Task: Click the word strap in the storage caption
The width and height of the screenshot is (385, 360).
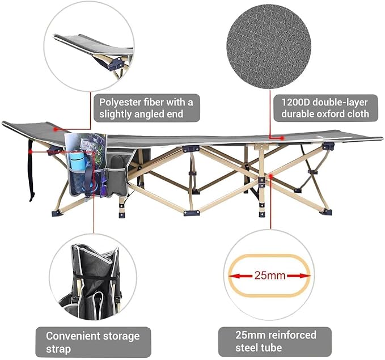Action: click(58, 349)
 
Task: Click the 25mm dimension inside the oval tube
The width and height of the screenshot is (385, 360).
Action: click(270, 276)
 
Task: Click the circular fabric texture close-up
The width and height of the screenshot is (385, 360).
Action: click(269, 46)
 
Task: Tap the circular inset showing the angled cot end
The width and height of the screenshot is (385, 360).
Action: click(89, 46)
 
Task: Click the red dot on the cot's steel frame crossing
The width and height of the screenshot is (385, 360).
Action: click(270, 176)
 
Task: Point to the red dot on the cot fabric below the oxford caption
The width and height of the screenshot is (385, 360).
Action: click(282, 138)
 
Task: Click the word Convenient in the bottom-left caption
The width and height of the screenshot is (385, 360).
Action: click(73, 336)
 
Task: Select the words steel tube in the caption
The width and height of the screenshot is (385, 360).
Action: click(259, 348)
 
